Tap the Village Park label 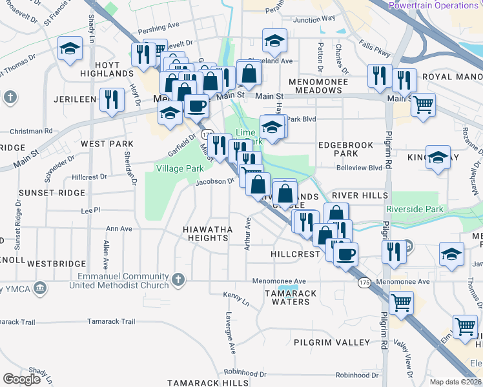[174, 168]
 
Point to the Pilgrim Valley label [332, 342]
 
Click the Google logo [22, 378]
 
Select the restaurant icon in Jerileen [112, 100]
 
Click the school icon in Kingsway [438, 159]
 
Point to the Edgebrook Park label [345, 150]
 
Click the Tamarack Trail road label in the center [112, 321]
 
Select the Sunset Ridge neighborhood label [52, 193]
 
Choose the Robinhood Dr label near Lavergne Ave [245, 373]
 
